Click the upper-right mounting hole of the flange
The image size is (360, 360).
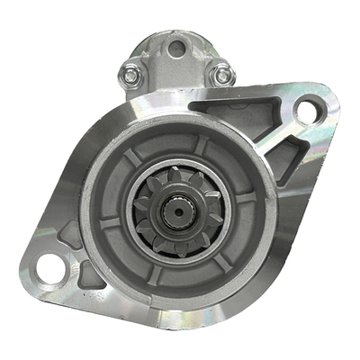click(x=306, y=111)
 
